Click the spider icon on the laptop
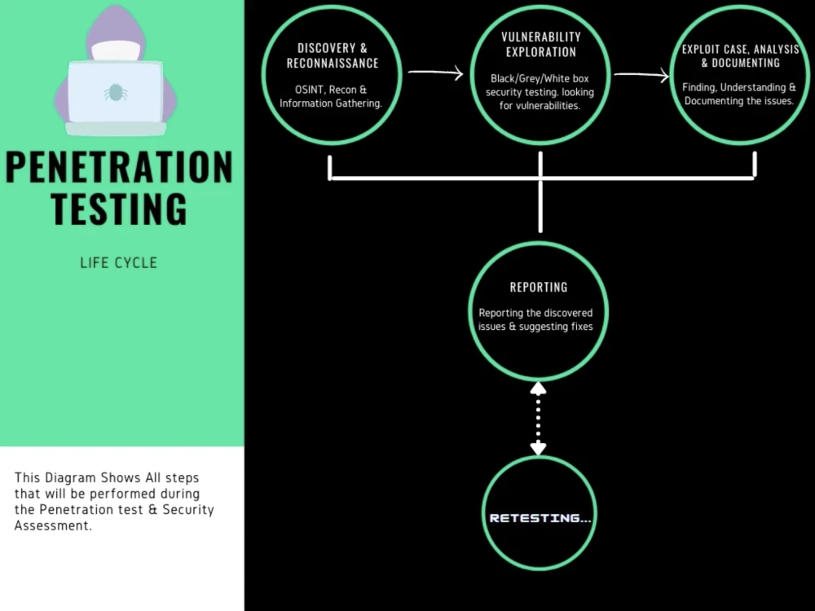point(115,92)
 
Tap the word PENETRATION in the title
point(119,167)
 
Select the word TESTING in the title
point(119,209)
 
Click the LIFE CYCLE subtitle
point(119,263)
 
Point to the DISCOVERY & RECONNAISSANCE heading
point(333,55)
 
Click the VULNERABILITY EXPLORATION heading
point(541,44)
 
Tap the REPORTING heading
point(539,288)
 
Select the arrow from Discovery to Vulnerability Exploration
point(435,73)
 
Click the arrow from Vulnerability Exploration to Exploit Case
point(641,76)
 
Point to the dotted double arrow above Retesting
point(538,418)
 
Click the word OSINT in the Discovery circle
point(309,89)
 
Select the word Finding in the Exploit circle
point(700,87)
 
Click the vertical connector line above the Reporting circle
point(540,208)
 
